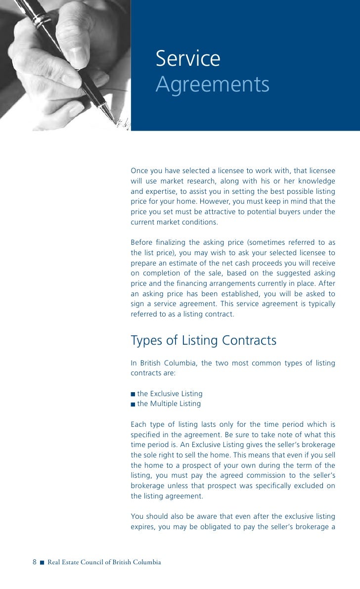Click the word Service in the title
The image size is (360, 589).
[188, 59]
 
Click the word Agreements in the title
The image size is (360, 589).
[213, 85]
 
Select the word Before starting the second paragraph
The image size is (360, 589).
[141, 242]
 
